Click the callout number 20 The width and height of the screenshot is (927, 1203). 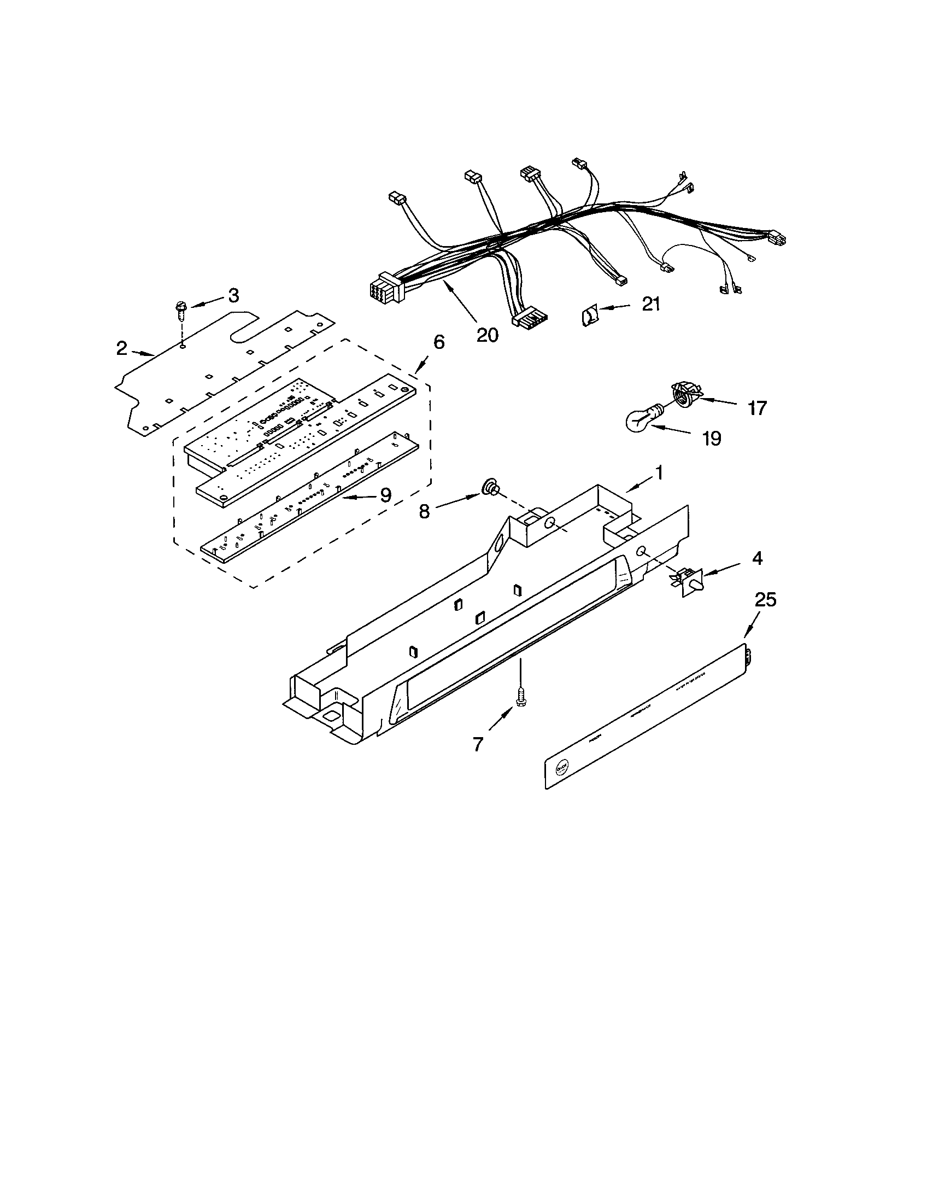click(x=487, y=334)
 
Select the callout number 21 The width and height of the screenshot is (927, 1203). click(x=650, y=304)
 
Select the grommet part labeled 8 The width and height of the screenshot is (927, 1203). click(x=488, y=488)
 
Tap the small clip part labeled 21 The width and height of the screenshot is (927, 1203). click(x=589, y=318)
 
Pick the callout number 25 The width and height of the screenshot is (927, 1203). click(x=765, y=600)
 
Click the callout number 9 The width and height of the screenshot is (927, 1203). click(x=385, y=496)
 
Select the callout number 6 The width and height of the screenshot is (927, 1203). click(x=438, y=342)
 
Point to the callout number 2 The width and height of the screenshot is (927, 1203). click(x=122, y=348)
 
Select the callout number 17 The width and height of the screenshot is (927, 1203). click(x=757, y=408)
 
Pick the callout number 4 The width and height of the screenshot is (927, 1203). click(x=757, y=558)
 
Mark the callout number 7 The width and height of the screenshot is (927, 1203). click(x=477, y=745)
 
